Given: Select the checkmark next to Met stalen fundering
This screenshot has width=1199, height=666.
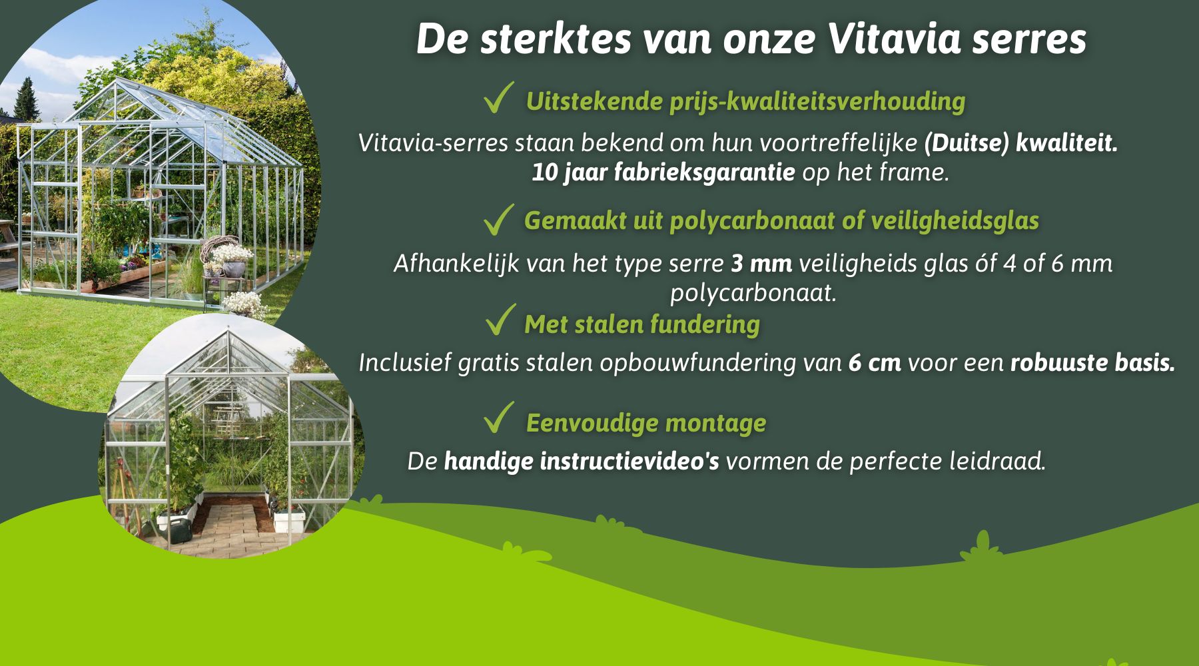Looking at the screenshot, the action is coord(501,319).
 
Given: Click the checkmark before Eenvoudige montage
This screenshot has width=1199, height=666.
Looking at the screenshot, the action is coord(499,418).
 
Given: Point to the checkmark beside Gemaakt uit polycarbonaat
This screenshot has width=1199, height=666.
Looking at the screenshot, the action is coord(499,220).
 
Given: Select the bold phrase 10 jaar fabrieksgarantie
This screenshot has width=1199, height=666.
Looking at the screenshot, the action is coord(663,172).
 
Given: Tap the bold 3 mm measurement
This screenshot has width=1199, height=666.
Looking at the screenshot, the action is coord(761,264).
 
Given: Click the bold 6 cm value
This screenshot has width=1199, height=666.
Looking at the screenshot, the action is coord(875,363).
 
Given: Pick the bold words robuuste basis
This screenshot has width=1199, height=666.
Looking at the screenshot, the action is coord(1092,363).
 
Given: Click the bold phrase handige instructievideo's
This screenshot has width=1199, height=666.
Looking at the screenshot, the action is coord(582,462).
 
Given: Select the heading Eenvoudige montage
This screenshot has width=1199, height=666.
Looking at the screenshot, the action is coord(646,423).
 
